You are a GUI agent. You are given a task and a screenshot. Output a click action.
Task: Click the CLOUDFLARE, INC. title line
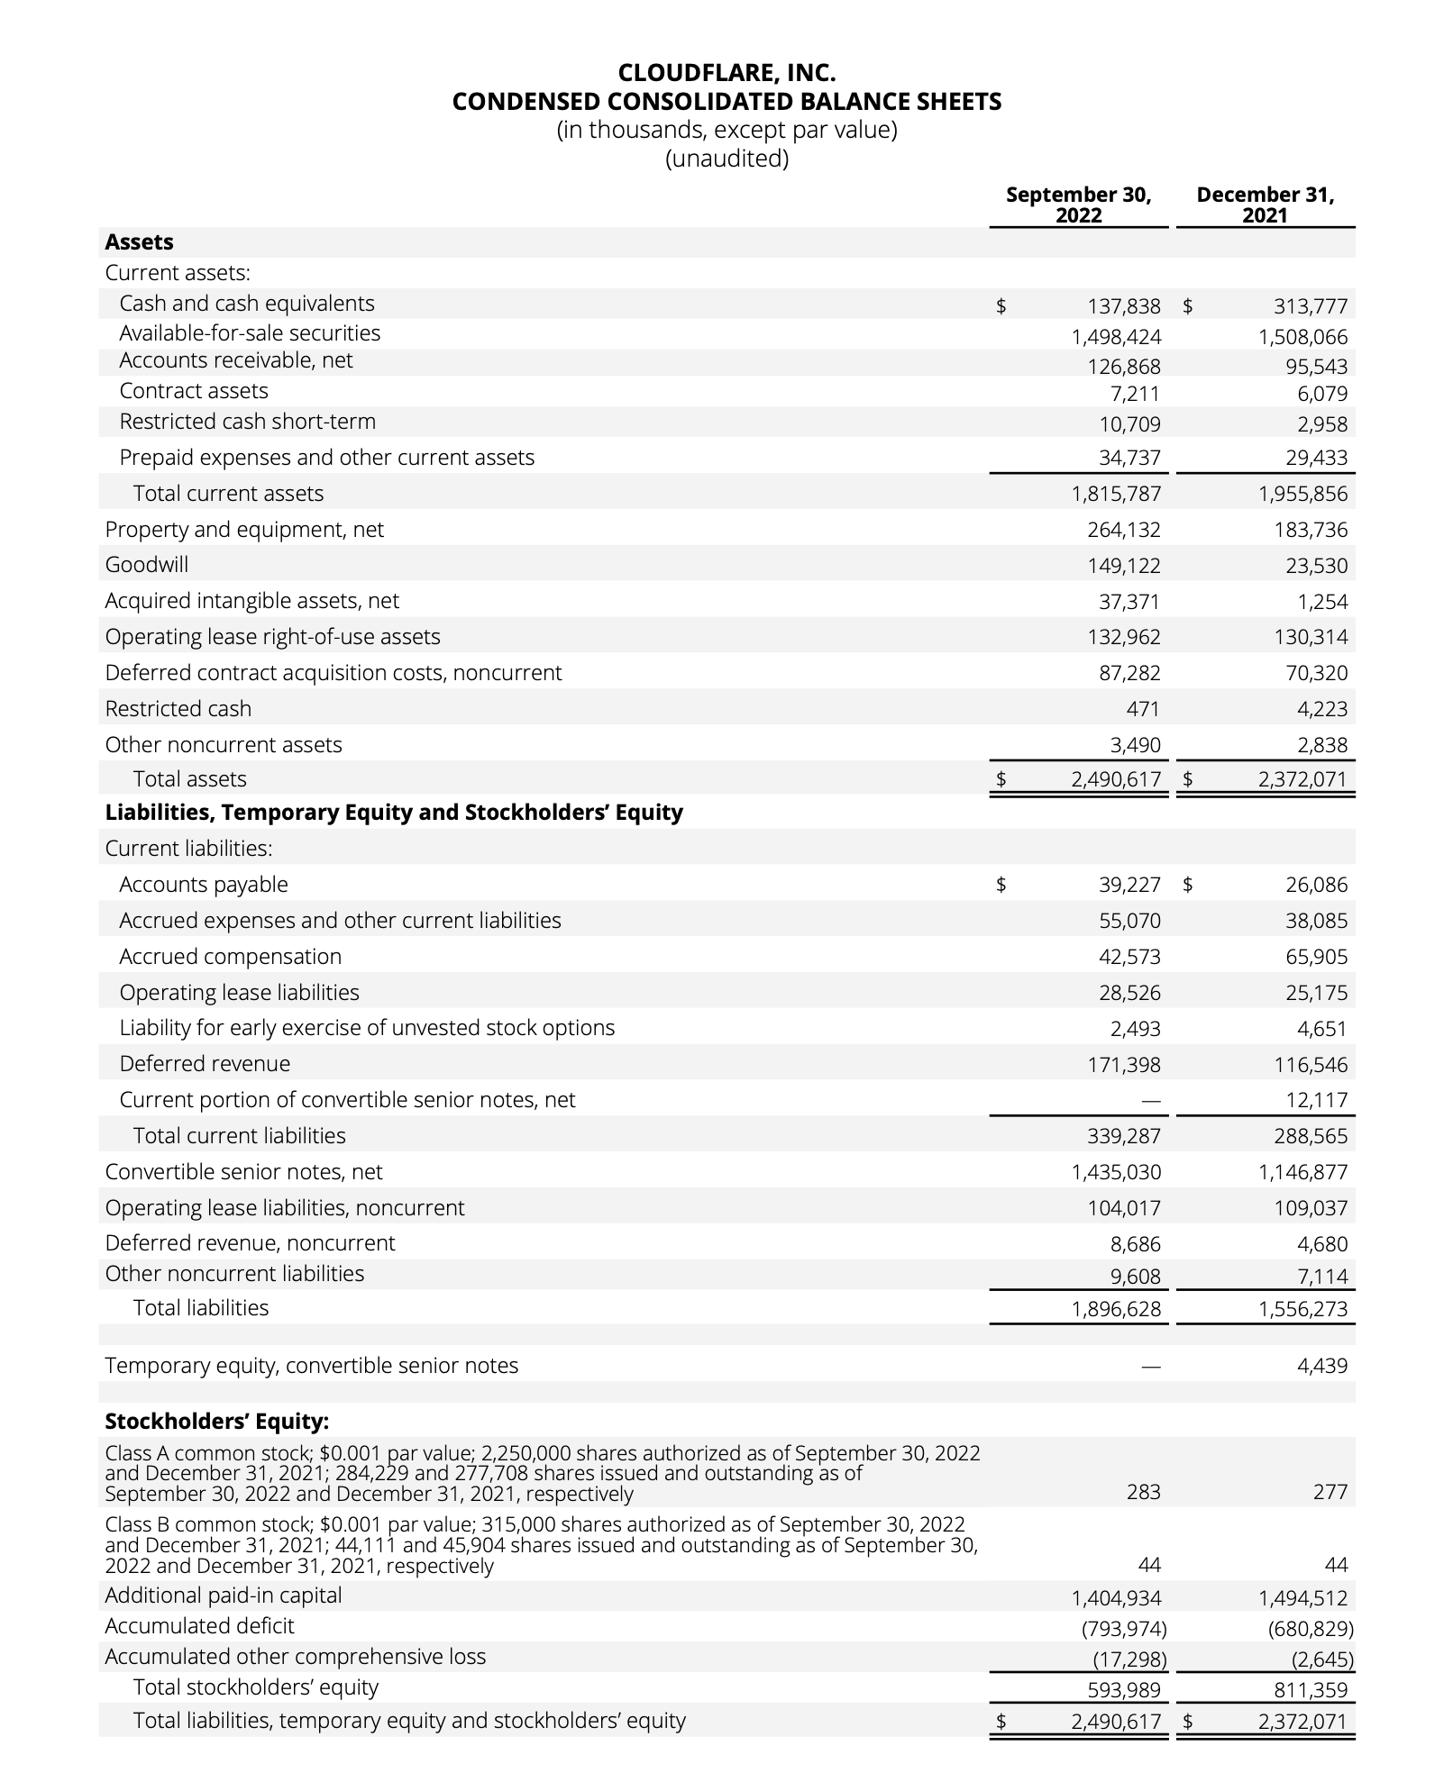click(x=726, y=72)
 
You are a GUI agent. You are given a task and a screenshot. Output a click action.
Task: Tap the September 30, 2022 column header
click(x=1078, y=205)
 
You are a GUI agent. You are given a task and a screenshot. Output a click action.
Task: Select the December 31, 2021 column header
click(x=1265, y=205)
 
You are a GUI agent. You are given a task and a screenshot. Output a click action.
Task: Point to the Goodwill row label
click(x=147, y=565)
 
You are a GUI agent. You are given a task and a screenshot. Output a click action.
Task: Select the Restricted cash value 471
click(x=1142, y=709)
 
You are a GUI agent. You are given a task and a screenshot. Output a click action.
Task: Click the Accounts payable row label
click(x=204, y=885)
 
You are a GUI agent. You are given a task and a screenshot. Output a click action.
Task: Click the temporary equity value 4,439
click(x=1322, y=1366)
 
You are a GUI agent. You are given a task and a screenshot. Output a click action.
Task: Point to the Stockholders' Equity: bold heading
click(x=217, y=1422)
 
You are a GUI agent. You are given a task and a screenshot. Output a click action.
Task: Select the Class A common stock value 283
click(x=1143, y=1492)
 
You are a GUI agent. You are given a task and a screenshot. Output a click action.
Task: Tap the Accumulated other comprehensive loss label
click(x=295, y=1657)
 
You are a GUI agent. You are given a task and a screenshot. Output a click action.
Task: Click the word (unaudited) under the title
click(x=726, y=159)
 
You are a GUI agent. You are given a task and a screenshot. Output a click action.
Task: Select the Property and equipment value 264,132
click(x=1124, y=530)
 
